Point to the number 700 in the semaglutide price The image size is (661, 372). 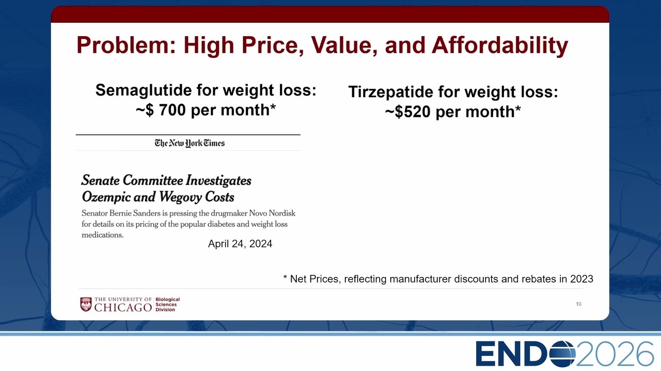click(172, 110)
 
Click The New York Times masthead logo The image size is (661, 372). click(190, 143)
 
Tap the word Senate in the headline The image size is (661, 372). click(100, 180)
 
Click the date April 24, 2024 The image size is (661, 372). click(240, 244)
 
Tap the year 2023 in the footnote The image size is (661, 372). click(581, 279)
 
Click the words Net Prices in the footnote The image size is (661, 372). click(314, 279)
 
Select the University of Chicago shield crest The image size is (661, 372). click(86, 304)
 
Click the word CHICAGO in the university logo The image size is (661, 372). click(123, 307)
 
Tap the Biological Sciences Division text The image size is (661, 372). click(167, 304)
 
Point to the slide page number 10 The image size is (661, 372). click(578, 304)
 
